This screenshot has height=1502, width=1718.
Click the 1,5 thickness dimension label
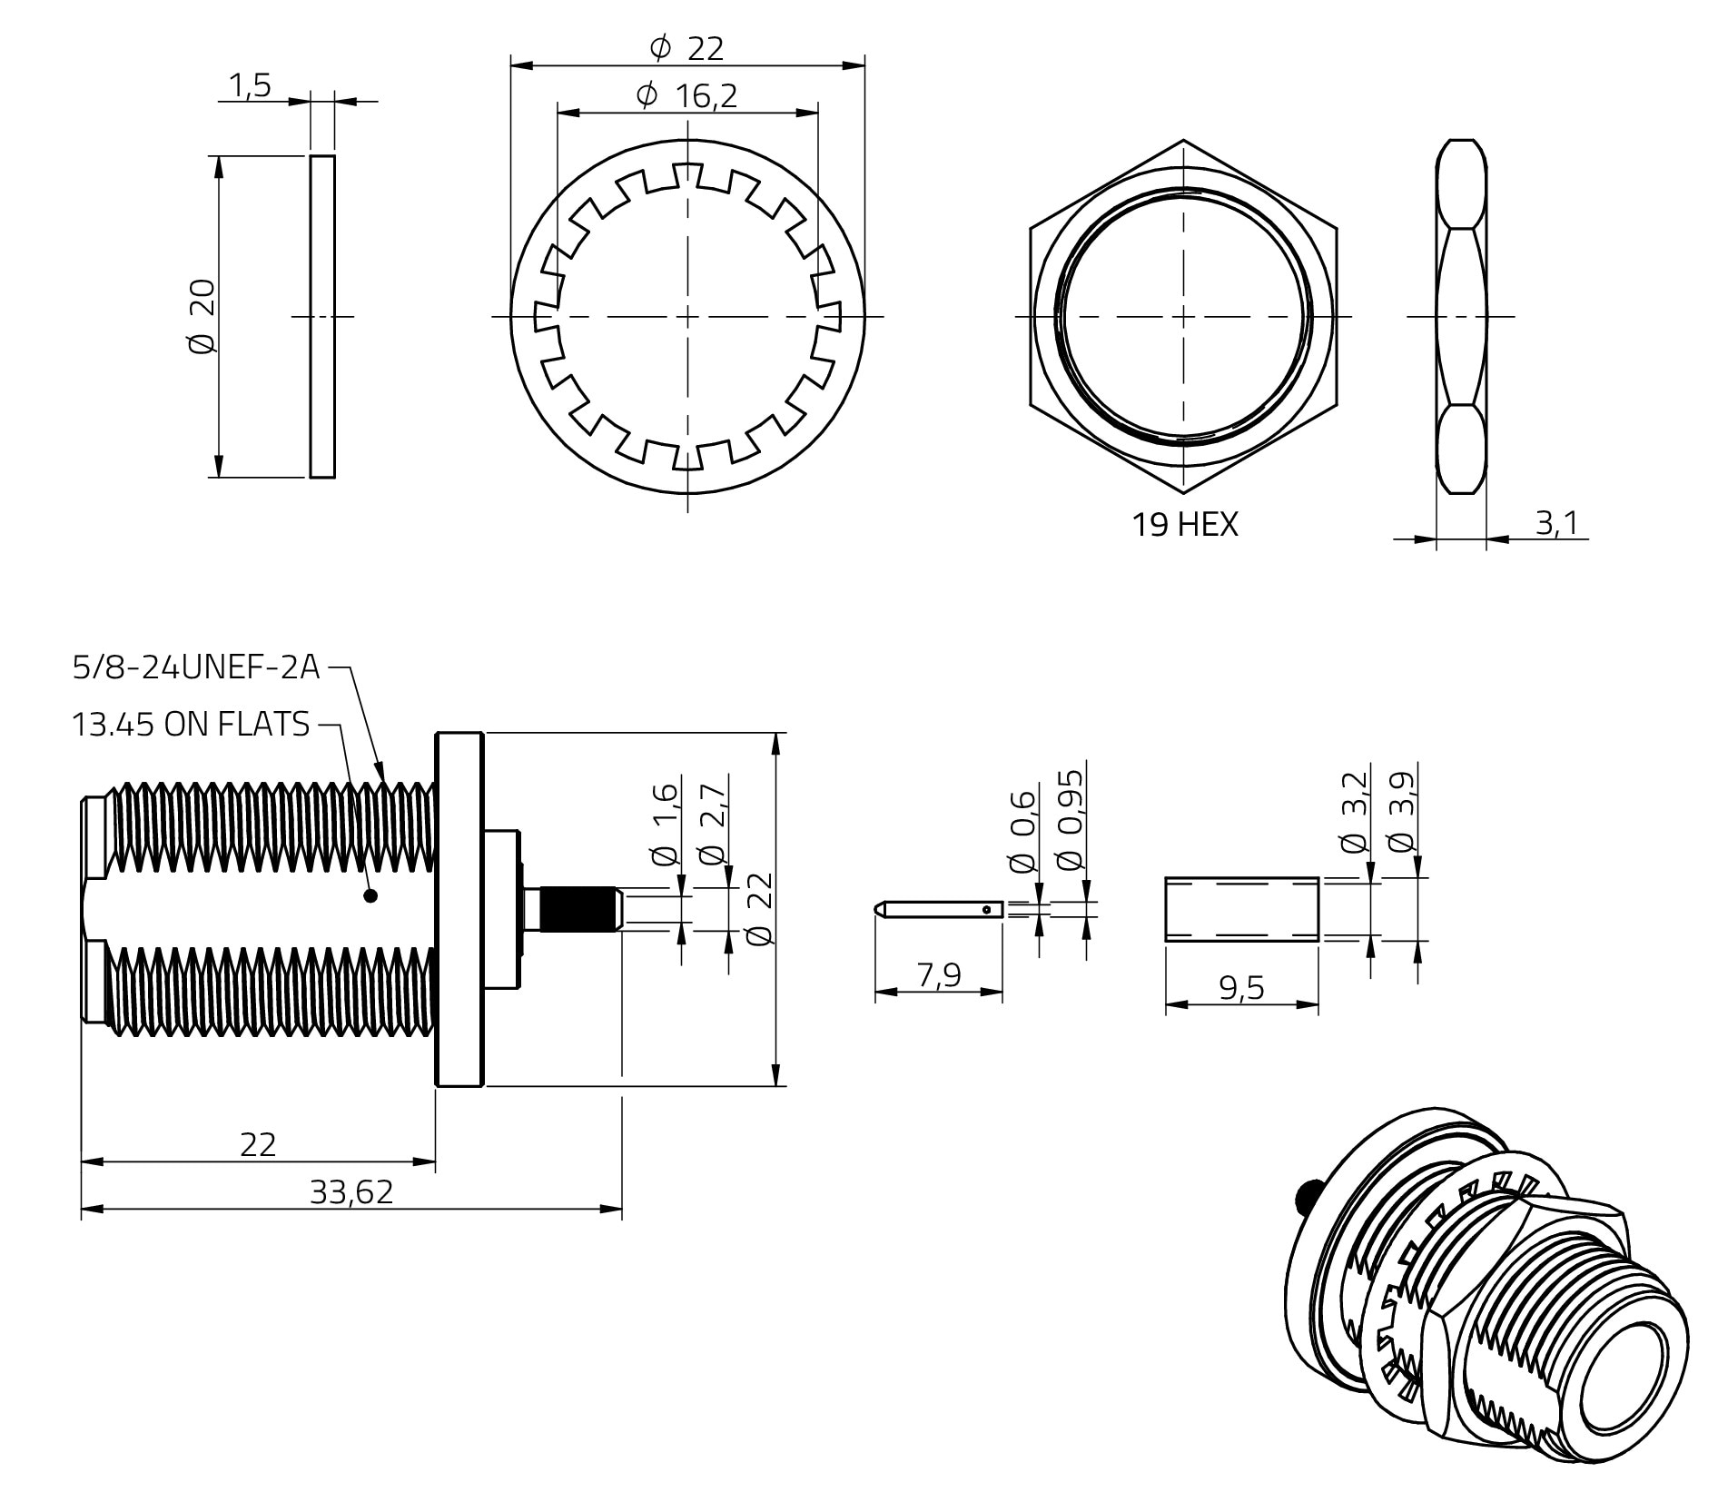pos(250,86)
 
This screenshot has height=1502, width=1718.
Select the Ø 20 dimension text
pos(202,316)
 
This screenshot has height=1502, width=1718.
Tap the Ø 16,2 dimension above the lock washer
pos(686,95)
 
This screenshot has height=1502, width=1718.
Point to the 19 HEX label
pos(1184,524)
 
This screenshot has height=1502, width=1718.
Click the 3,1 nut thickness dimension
pos(1556,522)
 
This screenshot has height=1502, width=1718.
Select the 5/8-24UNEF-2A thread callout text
pos(196,667)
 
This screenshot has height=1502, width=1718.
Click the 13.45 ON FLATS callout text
pos(191,724)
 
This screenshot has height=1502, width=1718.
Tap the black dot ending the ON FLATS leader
pos(370,896)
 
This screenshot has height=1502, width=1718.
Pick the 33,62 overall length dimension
pos(351,1191)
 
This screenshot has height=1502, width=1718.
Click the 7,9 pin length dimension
pos(938,974)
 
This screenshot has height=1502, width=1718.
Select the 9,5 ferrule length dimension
pos(1241,987)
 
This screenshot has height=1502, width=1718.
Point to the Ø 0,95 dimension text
pos(1071,820)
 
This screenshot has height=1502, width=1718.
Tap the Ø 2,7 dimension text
pos(713,822)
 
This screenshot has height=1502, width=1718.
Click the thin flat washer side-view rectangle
pos(322,316)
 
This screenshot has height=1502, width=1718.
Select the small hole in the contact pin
pos(986,908)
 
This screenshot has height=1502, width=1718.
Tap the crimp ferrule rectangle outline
pos(1241,908)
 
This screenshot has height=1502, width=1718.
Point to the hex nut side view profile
pos(1461,316)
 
